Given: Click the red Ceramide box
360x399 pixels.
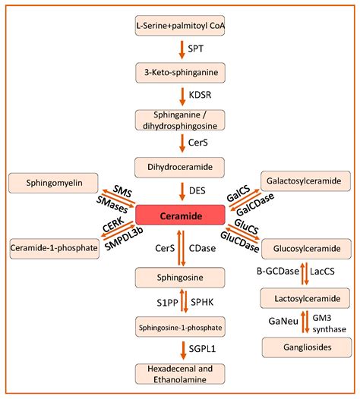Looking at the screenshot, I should (x=180, y=216).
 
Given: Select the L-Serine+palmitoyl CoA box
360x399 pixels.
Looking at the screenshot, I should (x=180, y=26).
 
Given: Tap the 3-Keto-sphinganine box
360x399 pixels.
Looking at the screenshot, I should (x=180, y=74).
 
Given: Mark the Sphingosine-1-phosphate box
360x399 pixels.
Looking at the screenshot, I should (x=180, y=327).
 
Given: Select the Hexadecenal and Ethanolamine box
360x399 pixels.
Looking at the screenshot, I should (x=180, y=375).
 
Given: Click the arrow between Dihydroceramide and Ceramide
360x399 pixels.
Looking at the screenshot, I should (x=180, y=190).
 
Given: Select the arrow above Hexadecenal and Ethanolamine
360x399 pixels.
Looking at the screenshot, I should (x=180, y=350).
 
